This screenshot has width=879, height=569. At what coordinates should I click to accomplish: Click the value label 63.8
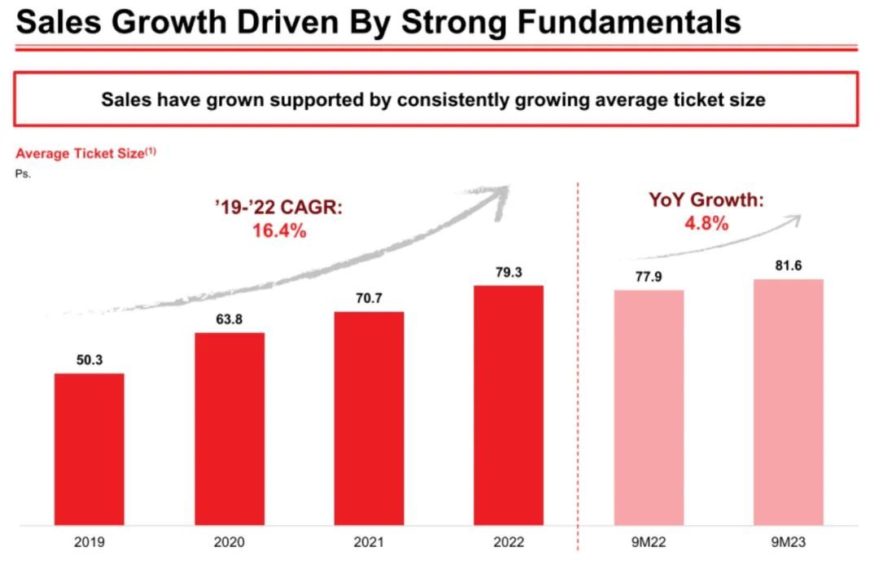click(229, 318)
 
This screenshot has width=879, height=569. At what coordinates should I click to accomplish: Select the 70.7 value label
click(369, 298)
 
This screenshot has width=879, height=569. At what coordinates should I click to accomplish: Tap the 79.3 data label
click(509, 271)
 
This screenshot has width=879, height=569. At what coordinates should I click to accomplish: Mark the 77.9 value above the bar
click(649, 276)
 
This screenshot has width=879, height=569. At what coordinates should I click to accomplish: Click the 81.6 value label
click(788, 265)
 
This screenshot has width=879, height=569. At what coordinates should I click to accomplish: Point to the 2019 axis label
click(90, 542)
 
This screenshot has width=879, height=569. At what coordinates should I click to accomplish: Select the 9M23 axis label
click(788, 542)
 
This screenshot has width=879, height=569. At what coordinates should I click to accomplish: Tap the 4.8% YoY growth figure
click(706, 223)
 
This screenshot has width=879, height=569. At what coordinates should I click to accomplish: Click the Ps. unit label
click(23, 173)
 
